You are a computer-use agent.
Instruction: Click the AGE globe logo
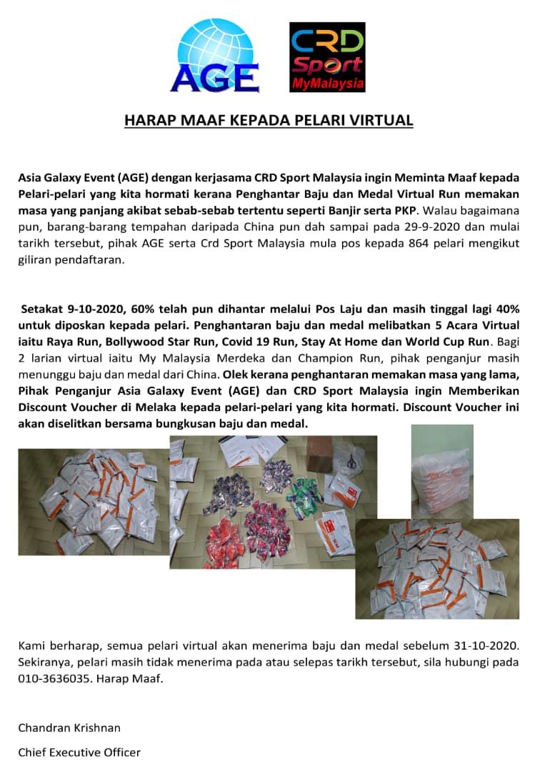coord(214,57)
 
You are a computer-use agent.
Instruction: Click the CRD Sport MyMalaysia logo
coord(327,57)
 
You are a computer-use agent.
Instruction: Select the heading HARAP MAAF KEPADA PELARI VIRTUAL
coord(269,120)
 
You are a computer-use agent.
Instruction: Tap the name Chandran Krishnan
coord(69,728)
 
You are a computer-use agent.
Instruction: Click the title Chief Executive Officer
coord(79,752)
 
